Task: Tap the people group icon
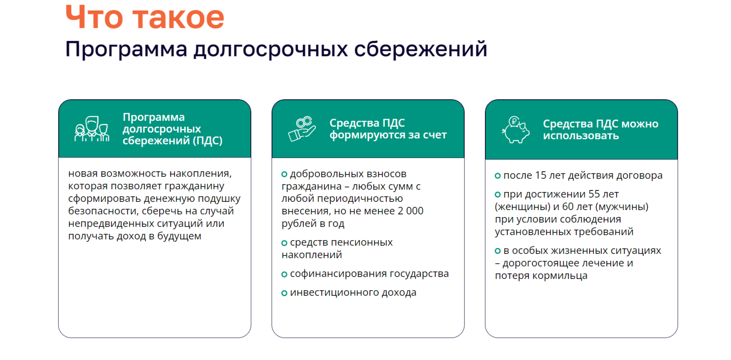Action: [x=92, y=129]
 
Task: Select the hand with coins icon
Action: [x=302, y=129]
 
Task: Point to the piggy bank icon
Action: [x=516, y=130]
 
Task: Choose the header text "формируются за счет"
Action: [x=388, y=135]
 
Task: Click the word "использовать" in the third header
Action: [x=581, y=136]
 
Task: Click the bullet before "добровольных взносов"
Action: [x=284, y=174]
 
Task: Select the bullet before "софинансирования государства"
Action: [x=284, y=274]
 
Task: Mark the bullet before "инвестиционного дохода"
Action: [x=284, y=293]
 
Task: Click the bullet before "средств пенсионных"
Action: [x=284, y=243]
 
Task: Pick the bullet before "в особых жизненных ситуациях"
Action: [x=498, y=251]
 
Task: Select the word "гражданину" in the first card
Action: [x=194, y=187]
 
